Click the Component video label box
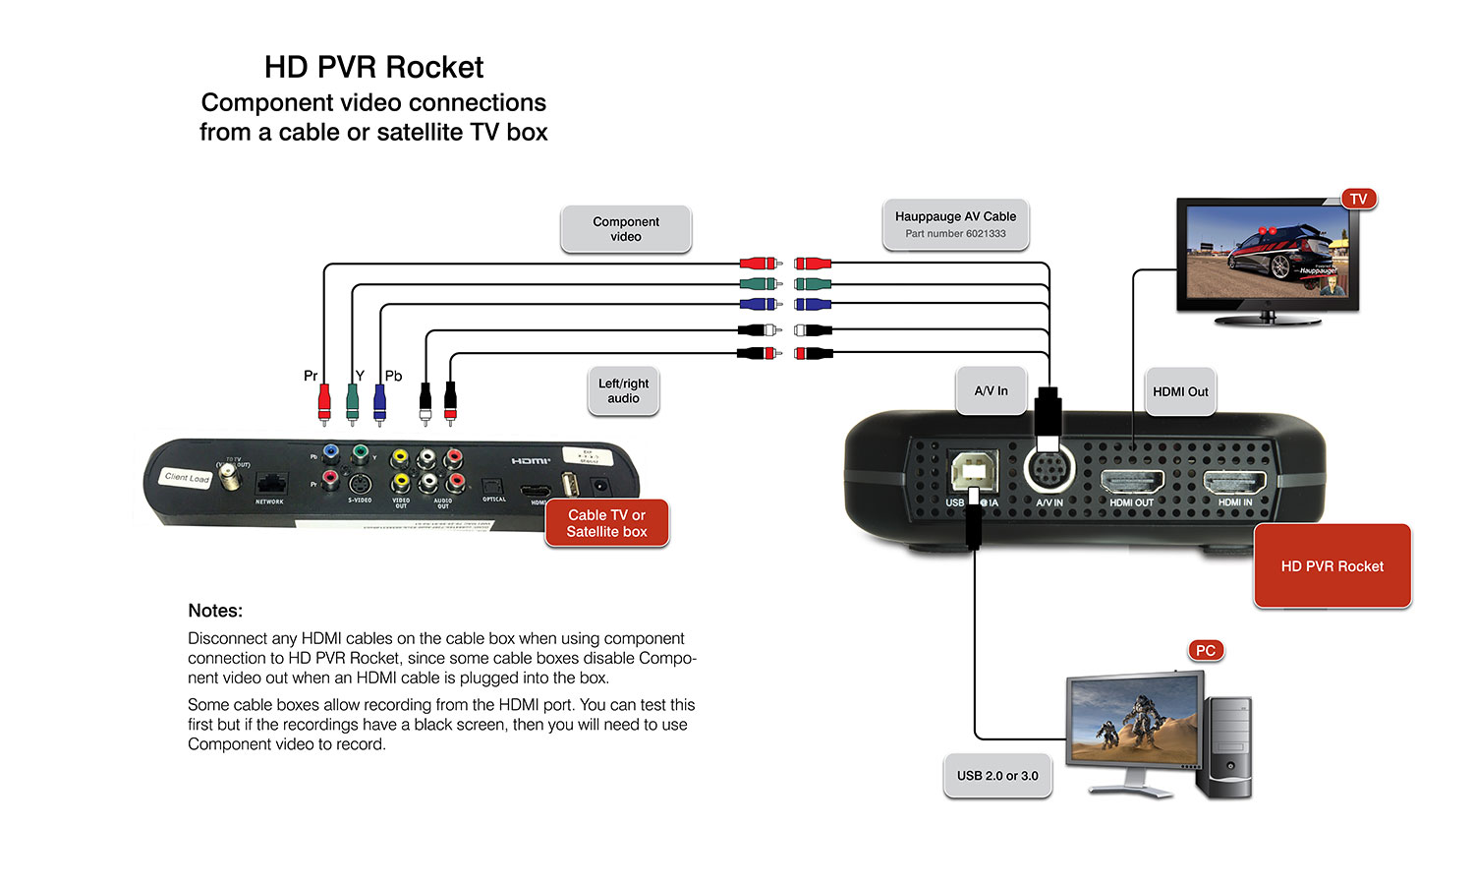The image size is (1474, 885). [x=626, y=229]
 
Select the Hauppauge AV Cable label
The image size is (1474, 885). [x=955, y=224]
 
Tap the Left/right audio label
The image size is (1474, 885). [x=623, y=391]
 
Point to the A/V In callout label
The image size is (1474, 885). [x=991, y=391]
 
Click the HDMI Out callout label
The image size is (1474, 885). [x=1180, y=391]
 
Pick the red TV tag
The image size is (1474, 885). [x=1358, y=199]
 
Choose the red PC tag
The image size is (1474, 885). [x=1206, y=650]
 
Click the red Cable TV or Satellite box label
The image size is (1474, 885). [x=606, y=523]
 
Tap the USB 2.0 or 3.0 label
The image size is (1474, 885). [x=997, y=776]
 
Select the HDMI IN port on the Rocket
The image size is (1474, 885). [x=1235, y=482]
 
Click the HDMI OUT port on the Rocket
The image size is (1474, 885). [x=1132, y=482]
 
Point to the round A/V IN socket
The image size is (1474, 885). [x=1049, y=470]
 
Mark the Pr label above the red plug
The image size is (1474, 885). [x=311, y=376]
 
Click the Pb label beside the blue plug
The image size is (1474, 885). [x=393, y=376]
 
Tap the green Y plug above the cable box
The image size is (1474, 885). [x=353, y=400]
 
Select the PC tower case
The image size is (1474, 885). [x=1224, y=747]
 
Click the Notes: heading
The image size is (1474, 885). [x=215, y=611]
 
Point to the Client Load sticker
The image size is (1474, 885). [x=187, y=478]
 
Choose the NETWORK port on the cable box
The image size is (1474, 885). [x=270, y=485]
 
